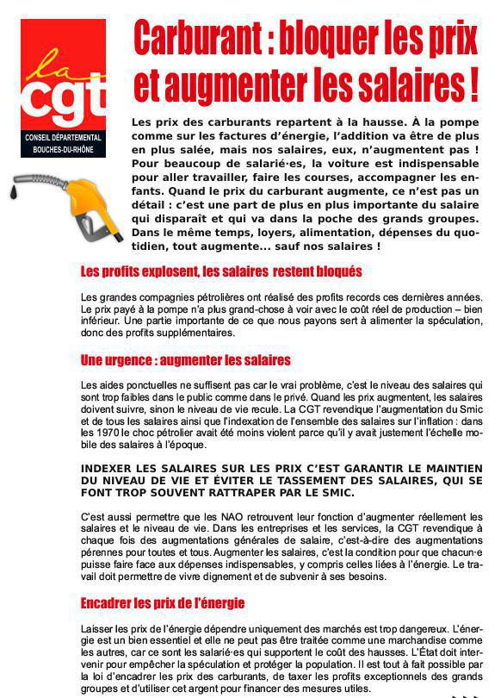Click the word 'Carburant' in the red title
(194, 39)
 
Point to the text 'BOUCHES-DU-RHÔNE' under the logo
(64, 150)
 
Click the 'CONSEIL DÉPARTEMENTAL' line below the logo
(64, 138)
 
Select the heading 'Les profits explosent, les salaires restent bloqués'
(220, 271)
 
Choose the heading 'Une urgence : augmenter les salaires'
(185, 360)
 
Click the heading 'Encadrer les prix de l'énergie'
(162, 602)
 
